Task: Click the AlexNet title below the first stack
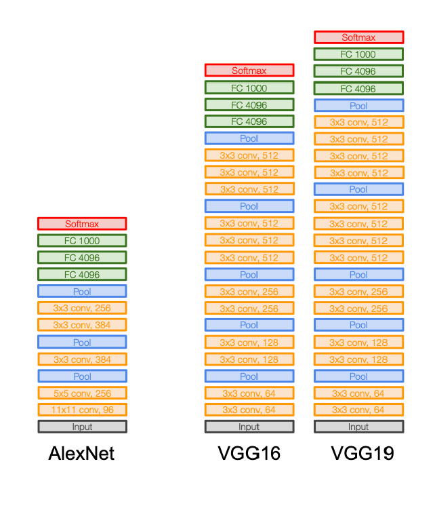pyautogui.click(x=81, y=453)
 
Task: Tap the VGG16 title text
pyautogui.click(x=249, y=453)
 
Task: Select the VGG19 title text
pyautogui.click(x=362, y=453)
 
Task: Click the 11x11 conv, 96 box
pyautogui.click(x=82, y=410)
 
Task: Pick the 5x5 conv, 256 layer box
pyautogui.click(x=82, y=393)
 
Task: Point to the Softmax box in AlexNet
pyautogui.click(x=82, y=224)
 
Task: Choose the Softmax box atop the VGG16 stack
pyautogui.click(x=249, y=71)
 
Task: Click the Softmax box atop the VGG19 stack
pyautogui.click(x=358, y=37)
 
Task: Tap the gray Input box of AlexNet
pyautogui.click(x=82, y=427)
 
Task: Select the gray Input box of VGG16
pyautogui.click(x=249, y=427)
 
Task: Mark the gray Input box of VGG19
pyautogui.click(x=358, y=427)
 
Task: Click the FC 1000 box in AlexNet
pyautogui.click(x=82, y=241)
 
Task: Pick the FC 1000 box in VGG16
pyautogui.click(x=249, y=87)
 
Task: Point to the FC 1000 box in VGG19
pyautogui.click(x=358, y=54)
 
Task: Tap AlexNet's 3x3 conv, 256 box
pyautogui.click(x=82, y=308)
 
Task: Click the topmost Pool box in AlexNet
pyautogui.click(x=82, y=291)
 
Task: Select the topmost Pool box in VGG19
pyautogui.click(x=358, y=106)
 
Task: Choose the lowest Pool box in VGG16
pyautogui.click(x=249, y=376)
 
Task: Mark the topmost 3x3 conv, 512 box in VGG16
pyautogui.click(x=249, y=155)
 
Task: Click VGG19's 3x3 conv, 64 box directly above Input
pyautogui.click(x=358, y=410)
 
